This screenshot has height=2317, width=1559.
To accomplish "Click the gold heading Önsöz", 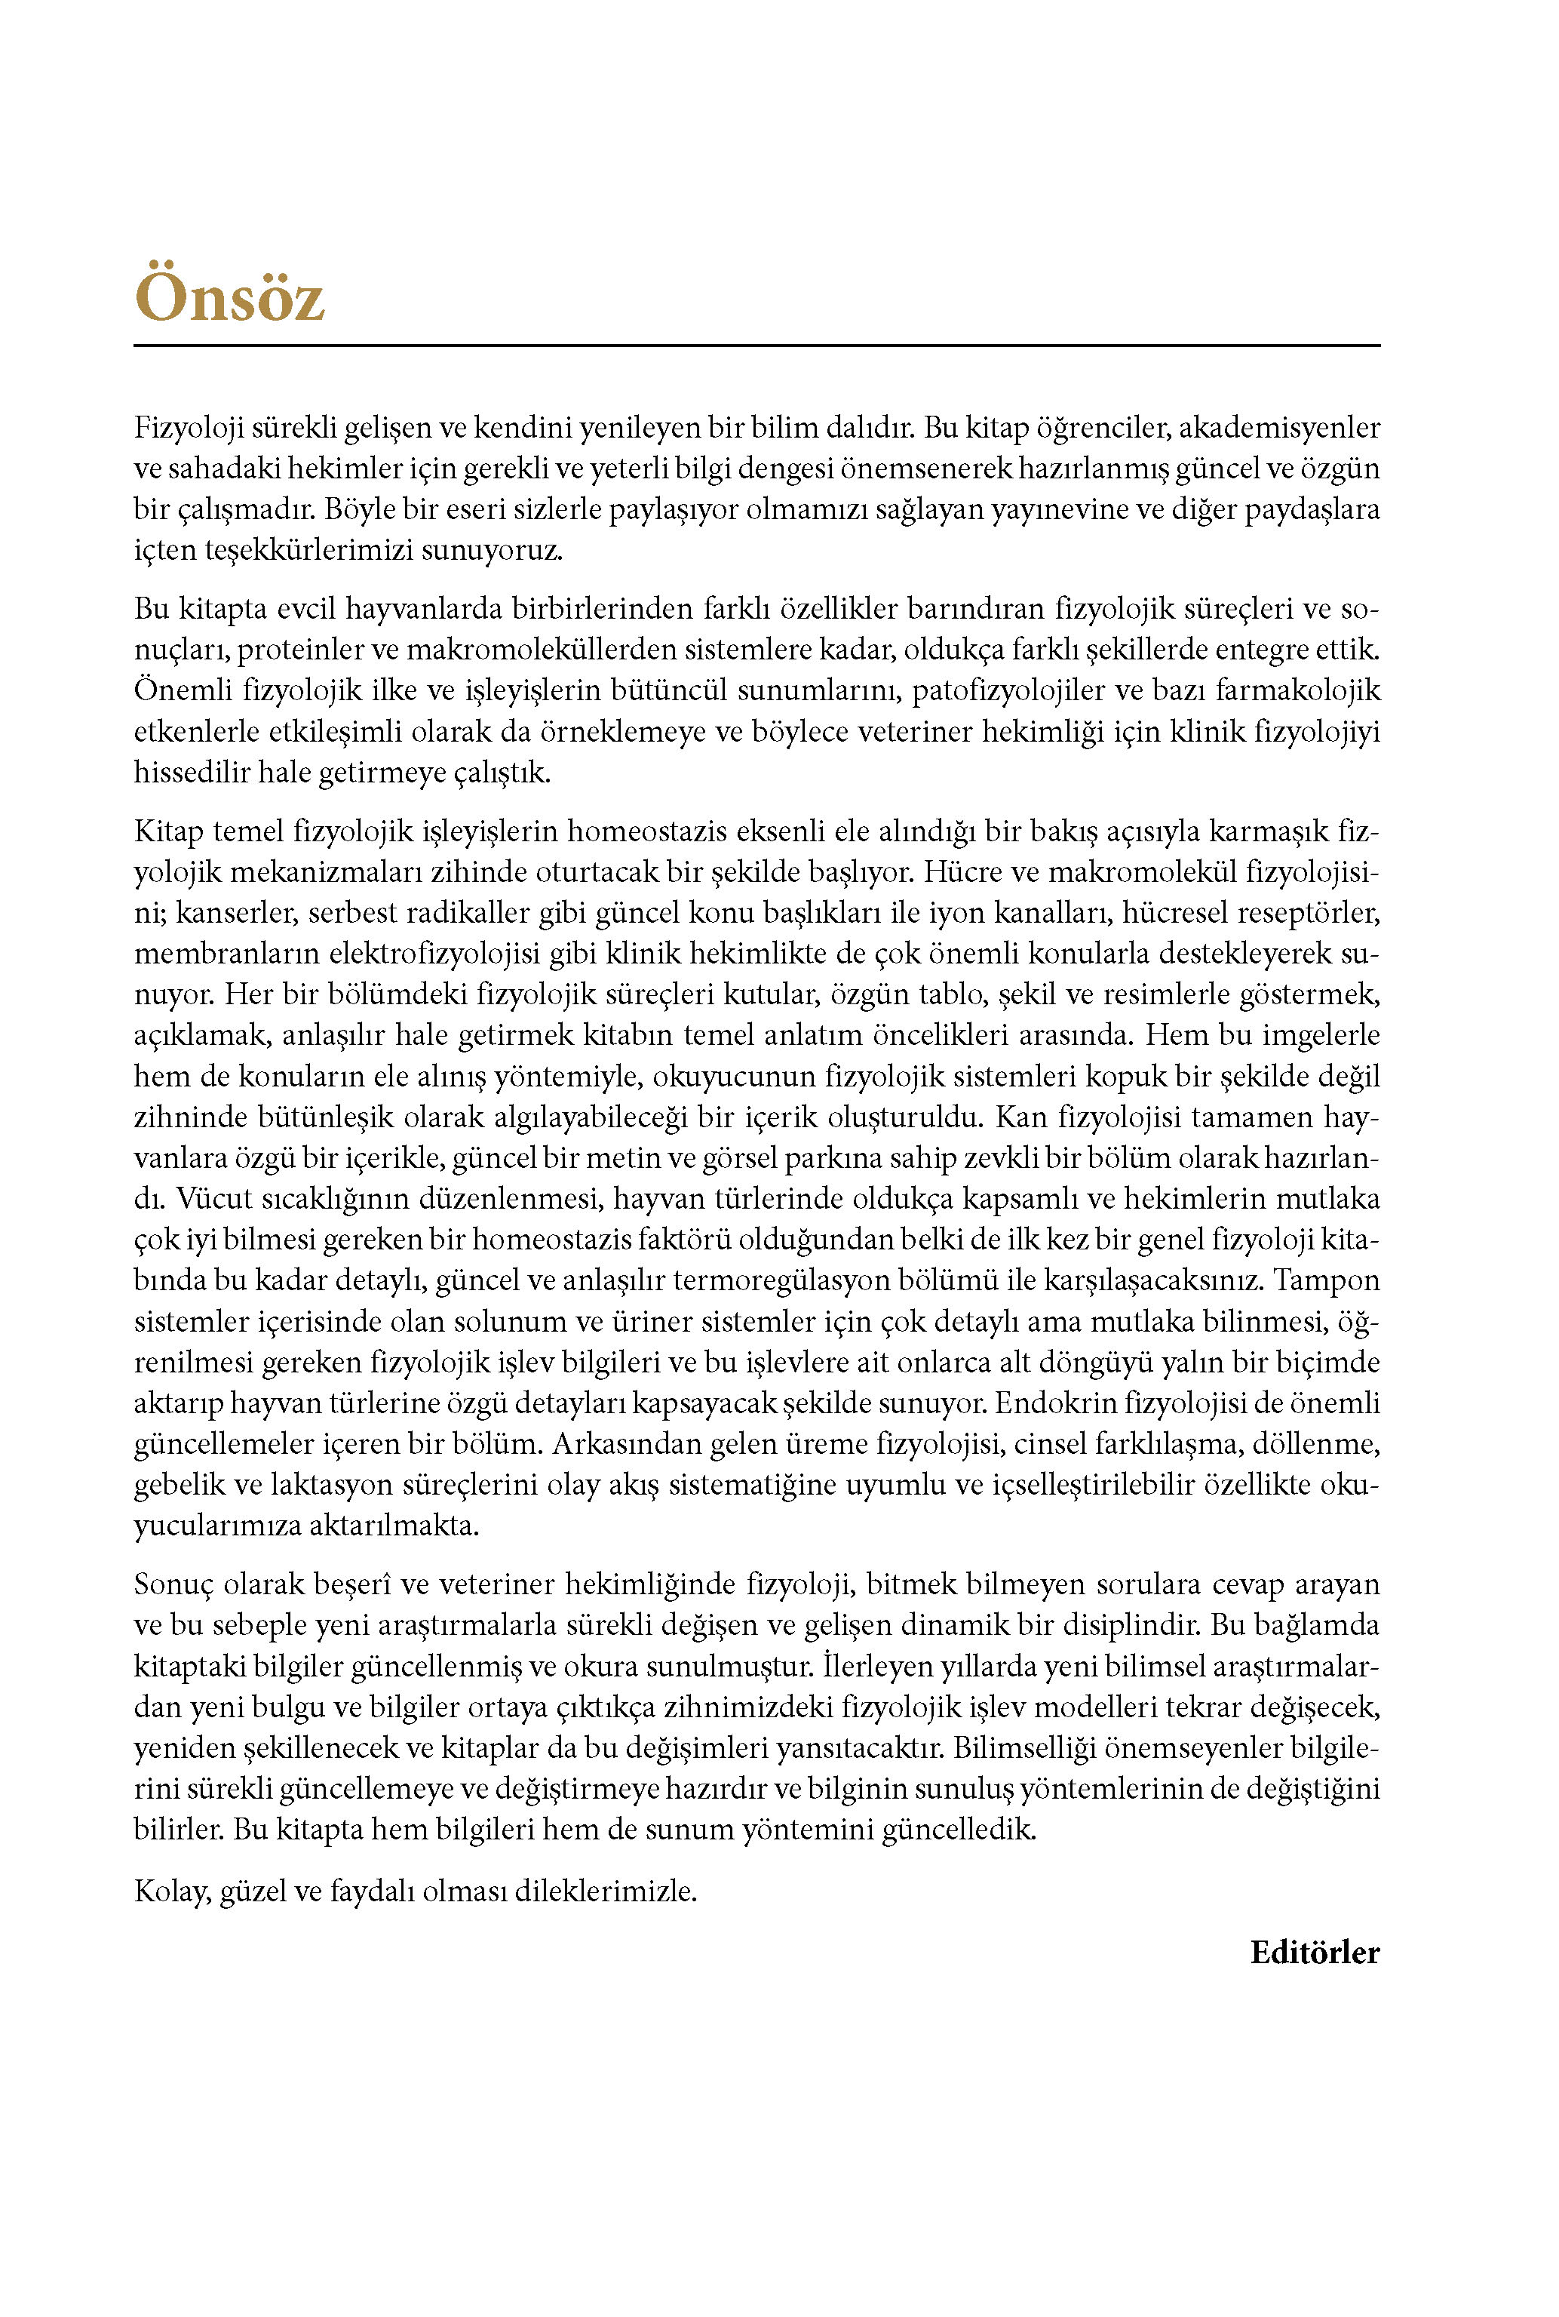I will pos(230,295).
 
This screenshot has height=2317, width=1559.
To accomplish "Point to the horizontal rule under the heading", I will pos(756,345).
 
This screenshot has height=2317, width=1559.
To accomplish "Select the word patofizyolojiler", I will pos(1008,690).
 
